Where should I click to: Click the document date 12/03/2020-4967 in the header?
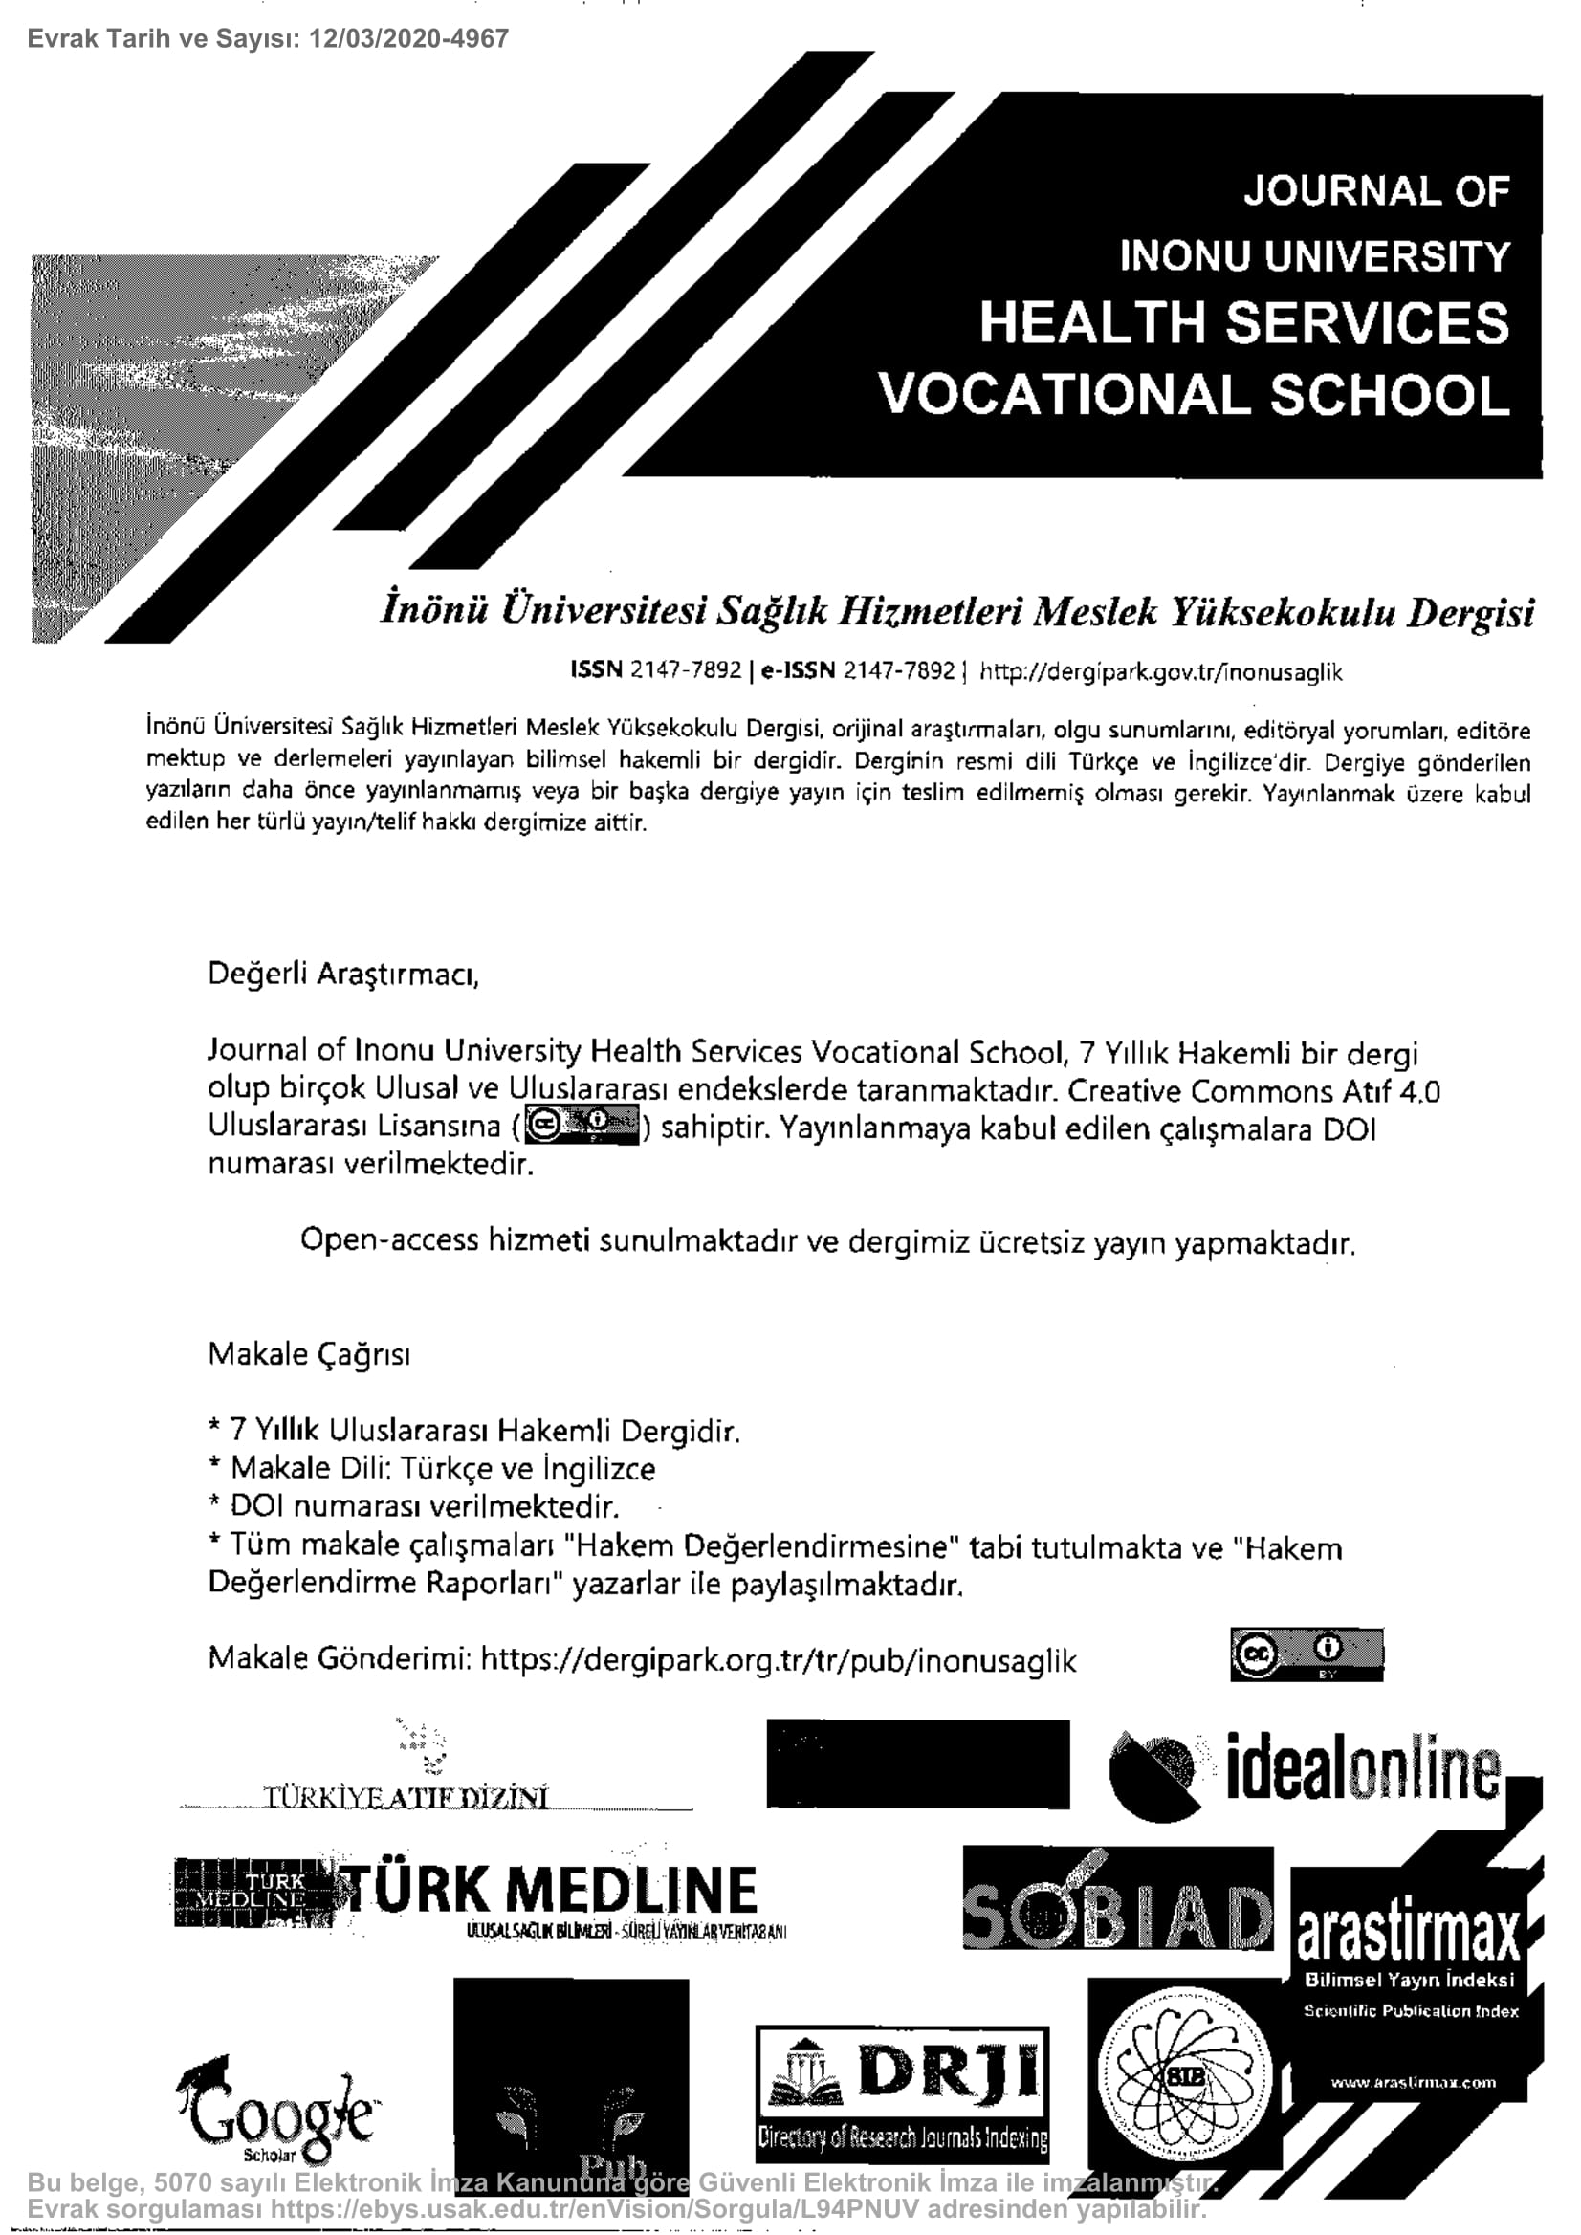(x=406, y=39)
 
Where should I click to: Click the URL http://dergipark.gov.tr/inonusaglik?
(x=1160, y=671)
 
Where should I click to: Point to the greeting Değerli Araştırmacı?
(x=342, y=974)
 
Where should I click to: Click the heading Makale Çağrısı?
(x=309, y=1354)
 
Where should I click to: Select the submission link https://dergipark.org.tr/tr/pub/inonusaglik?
(x=778, y=1660)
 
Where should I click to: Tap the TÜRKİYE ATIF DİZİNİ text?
(x=406, y=1797)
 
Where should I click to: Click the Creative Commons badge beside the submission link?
(x=1306, y=1654)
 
